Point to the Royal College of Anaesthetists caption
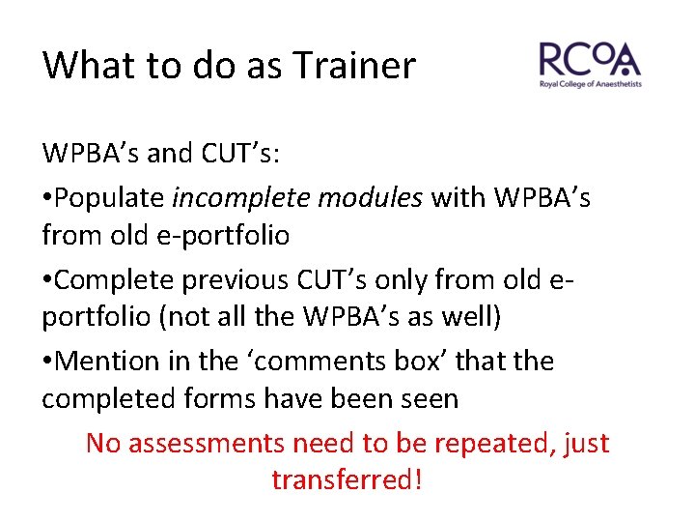click(x=590, y=85)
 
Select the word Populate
click(x=109, y=198)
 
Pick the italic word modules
click(x=371, y=198)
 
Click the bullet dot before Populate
click(x=46, y=199)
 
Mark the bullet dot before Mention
click(x=46, y=362)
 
